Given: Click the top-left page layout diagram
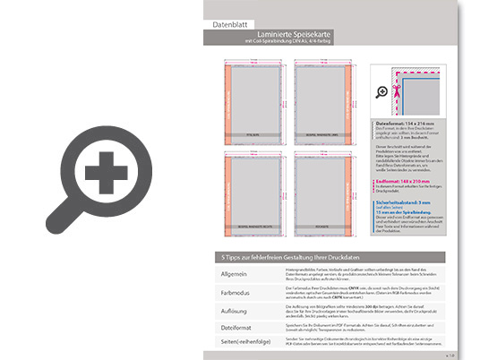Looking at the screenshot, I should click(253, 98).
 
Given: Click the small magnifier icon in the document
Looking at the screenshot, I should click(381, 91).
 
